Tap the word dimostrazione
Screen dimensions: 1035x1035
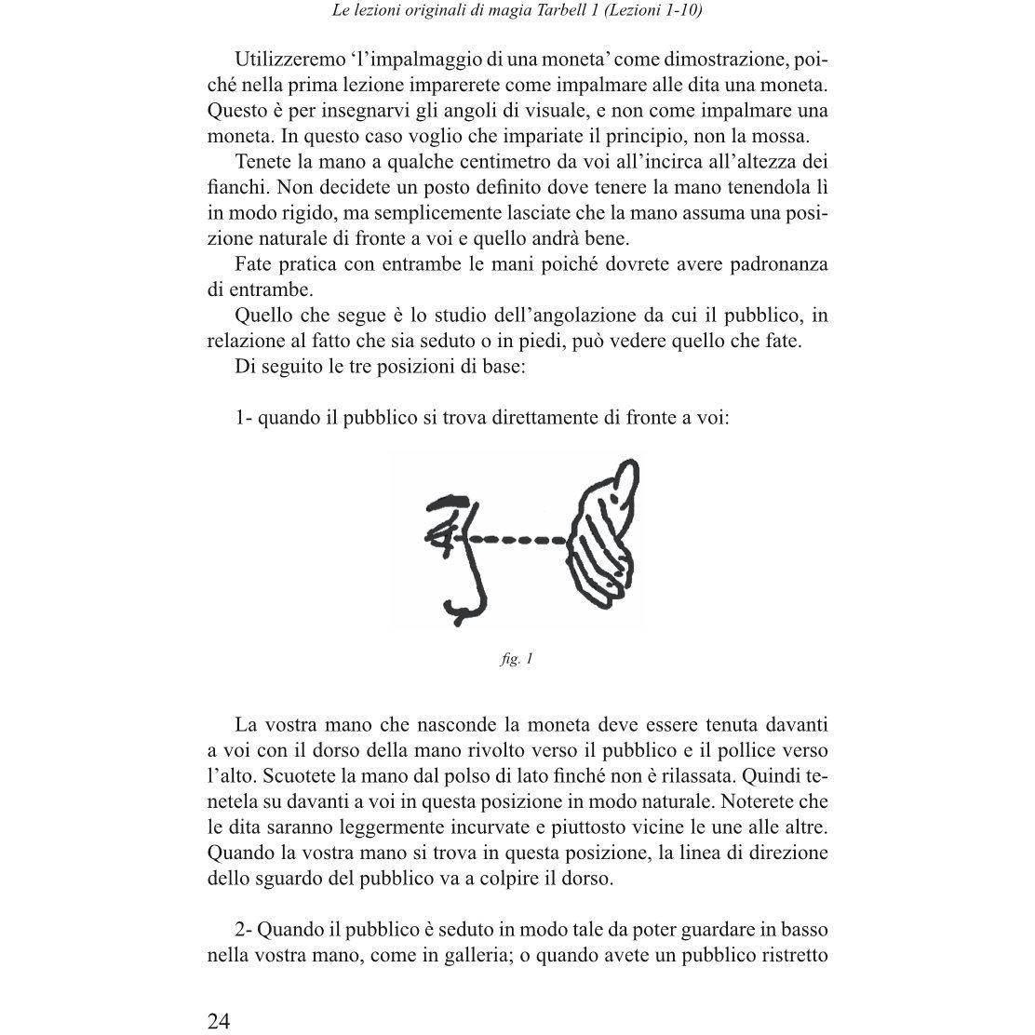point(718,60)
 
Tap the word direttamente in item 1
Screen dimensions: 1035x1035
point(544,417)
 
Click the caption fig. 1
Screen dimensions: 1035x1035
point(517,659)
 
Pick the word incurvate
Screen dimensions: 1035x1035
point(496,827)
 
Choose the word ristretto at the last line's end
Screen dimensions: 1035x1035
point(789,955)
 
